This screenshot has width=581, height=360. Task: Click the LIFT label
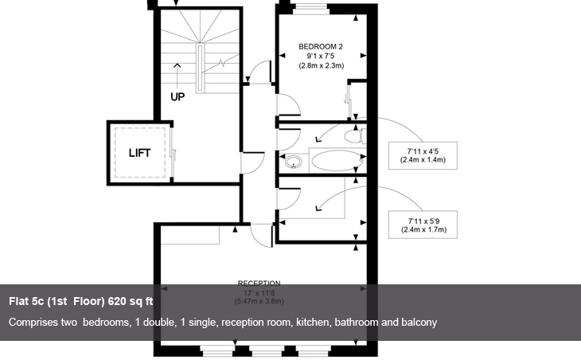(139, 153)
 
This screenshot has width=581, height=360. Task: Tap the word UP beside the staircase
(178, 96)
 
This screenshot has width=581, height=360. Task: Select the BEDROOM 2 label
(320, 46)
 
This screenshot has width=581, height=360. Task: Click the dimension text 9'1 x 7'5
(321, 56)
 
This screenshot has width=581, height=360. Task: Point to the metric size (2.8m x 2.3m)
(321, 66)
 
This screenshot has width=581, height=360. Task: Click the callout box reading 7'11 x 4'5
(422, 155)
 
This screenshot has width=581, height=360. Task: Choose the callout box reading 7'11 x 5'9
(422, 225)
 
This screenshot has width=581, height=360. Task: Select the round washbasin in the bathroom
(294, 162)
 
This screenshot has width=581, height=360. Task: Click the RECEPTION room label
(259, 283)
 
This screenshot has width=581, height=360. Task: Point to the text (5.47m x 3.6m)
(259, 302)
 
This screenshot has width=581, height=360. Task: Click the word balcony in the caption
(419, 323)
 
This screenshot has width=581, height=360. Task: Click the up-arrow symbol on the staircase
(177, 68)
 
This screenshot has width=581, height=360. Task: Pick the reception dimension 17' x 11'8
(259, 292)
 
